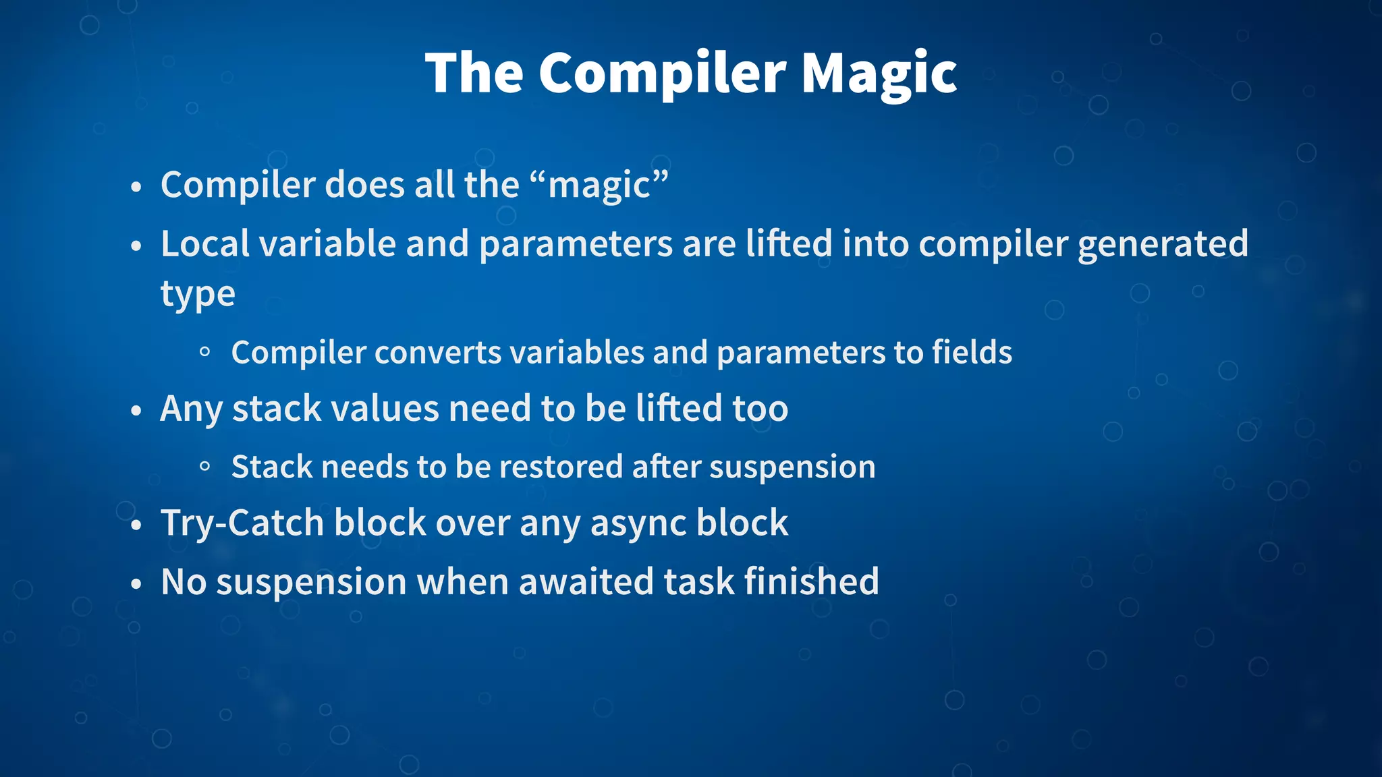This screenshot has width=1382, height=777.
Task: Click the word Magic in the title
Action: coord(879,73)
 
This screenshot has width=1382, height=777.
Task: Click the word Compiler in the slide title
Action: coord(662,73)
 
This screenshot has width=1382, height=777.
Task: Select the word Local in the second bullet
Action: coord(204,243)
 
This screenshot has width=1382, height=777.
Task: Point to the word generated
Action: coord(1162,243)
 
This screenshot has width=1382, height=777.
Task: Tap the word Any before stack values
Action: coord(191,409)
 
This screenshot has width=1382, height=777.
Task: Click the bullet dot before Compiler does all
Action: coord(136,187)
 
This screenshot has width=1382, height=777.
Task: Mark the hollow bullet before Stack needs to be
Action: coord(205,466)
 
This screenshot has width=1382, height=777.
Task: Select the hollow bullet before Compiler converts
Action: coord(205,351)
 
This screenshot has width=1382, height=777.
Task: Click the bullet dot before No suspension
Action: coord(136,583)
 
